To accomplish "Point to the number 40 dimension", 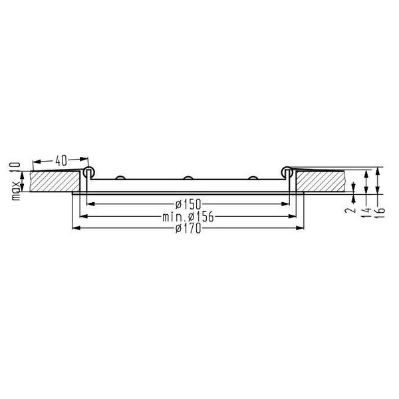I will (61, 160).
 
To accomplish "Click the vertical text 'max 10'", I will (17, 180).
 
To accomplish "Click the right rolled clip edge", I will (286, 172).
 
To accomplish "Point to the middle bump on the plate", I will (187, 178).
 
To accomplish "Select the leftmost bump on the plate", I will (121, 178).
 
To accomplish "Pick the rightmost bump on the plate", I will (253, 178).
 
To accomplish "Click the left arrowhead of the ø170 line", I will (74, 229).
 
